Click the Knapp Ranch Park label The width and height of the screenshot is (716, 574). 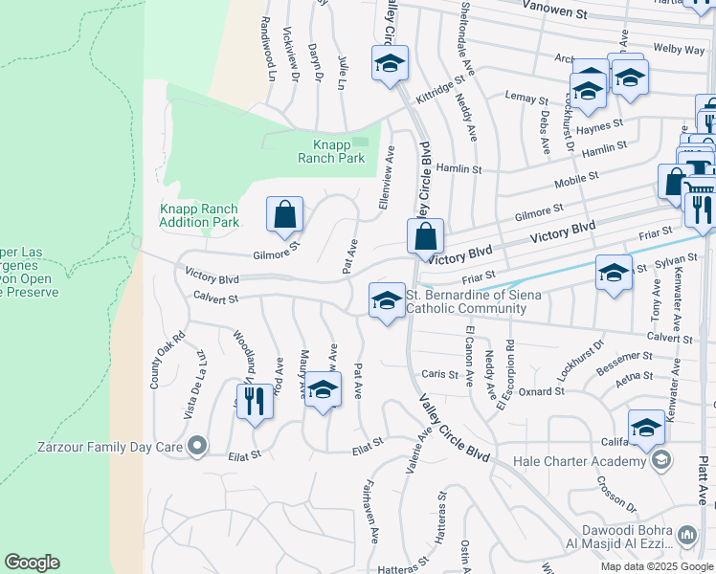(330, 151)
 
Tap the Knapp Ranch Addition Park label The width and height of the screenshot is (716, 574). (199, 215)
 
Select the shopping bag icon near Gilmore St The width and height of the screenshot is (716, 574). (285, 216)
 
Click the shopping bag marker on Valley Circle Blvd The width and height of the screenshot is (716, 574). (425, 237)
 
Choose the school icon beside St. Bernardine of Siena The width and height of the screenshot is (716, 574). (386, 301)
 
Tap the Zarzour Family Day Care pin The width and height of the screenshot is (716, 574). (196, 446)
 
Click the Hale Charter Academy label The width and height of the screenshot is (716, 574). (580, 461)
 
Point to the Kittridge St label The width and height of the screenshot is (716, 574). (439, 92)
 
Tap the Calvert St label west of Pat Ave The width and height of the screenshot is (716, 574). (213, 298)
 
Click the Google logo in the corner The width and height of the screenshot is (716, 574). (33, 563)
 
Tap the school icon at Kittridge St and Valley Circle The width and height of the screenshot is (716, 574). (390, 65)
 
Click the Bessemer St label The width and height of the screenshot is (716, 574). (624, 368)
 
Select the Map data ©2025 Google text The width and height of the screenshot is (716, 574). (657, 566)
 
